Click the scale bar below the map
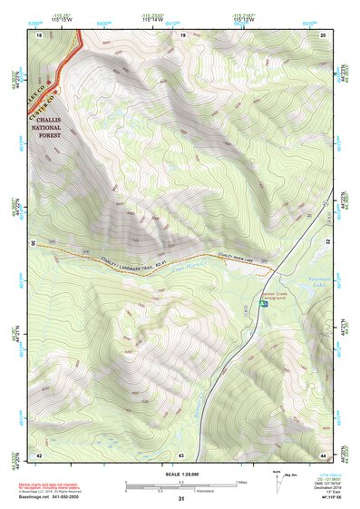tap(181, 483)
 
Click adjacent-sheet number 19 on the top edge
tap(182, 34)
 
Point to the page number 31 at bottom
tap(181, 500)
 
